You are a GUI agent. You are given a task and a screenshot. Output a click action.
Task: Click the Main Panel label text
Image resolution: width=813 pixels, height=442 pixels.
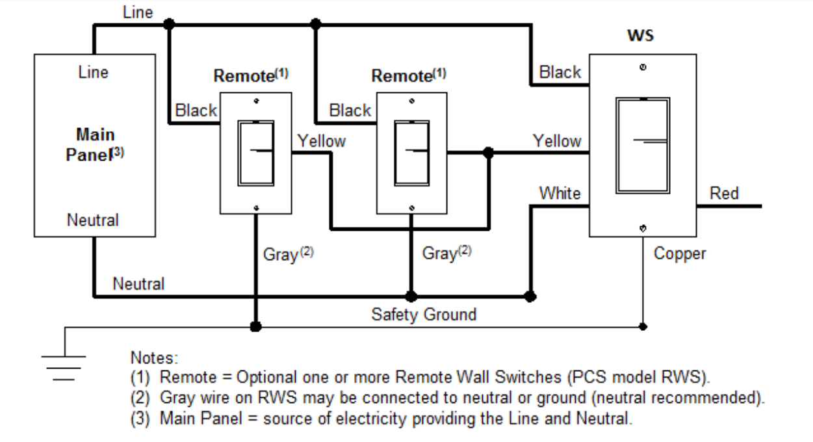click(x=95, y=145)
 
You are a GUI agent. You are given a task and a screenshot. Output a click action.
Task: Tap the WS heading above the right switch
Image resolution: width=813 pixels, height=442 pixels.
click(x=640, y=35)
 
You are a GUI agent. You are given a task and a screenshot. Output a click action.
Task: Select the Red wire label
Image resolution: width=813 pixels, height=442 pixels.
click(x=723, y=193)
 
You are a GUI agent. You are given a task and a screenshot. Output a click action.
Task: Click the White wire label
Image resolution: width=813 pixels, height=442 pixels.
click(x=560, y=193)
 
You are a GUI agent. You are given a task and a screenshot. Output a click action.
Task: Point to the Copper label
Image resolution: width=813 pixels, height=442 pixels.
click(x=679, y=253)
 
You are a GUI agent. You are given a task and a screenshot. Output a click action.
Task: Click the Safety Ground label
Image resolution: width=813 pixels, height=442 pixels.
click(x=423, y=315)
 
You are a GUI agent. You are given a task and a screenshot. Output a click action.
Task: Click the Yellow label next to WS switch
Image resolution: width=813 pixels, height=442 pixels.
click(x=556, y=140)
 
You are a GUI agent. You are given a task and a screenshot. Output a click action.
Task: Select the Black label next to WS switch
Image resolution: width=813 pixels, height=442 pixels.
click(x=560, y=72)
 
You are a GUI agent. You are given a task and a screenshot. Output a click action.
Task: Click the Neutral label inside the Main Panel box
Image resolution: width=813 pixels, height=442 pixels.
click(x=93, y=220)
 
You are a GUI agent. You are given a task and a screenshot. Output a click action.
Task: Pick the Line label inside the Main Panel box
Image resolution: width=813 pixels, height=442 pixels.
click(x=93, y=71)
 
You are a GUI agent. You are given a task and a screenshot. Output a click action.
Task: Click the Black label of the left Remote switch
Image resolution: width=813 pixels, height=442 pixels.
click(x=196, y=110)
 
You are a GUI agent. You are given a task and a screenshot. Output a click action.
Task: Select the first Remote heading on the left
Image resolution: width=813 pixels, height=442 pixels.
click(x=251, y=76)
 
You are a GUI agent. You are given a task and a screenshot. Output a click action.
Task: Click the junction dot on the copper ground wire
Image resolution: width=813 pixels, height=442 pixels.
click(x=643, y=326)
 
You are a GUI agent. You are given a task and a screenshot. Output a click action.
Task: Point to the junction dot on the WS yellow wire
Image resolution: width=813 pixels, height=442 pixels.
click(x=489, y=153)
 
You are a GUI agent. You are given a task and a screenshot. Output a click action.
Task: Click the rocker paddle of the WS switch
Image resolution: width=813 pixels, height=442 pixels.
click(x=642, y=145)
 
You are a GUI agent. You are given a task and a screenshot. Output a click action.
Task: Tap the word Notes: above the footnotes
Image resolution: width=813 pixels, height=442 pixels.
click(x=154, y=357)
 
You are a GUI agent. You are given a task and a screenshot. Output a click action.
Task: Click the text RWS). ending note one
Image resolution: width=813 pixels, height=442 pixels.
click(x=687, y=378)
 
